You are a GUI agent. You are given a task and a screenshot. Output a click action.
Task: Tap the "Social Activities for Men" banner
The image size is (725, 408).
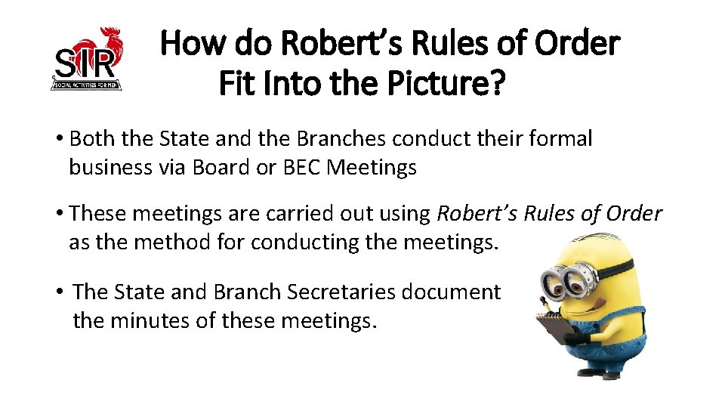tap(85, 85)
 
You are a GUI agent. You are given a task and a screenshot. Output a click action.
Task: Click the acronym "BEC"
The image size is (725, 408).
tap(302, 167)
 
